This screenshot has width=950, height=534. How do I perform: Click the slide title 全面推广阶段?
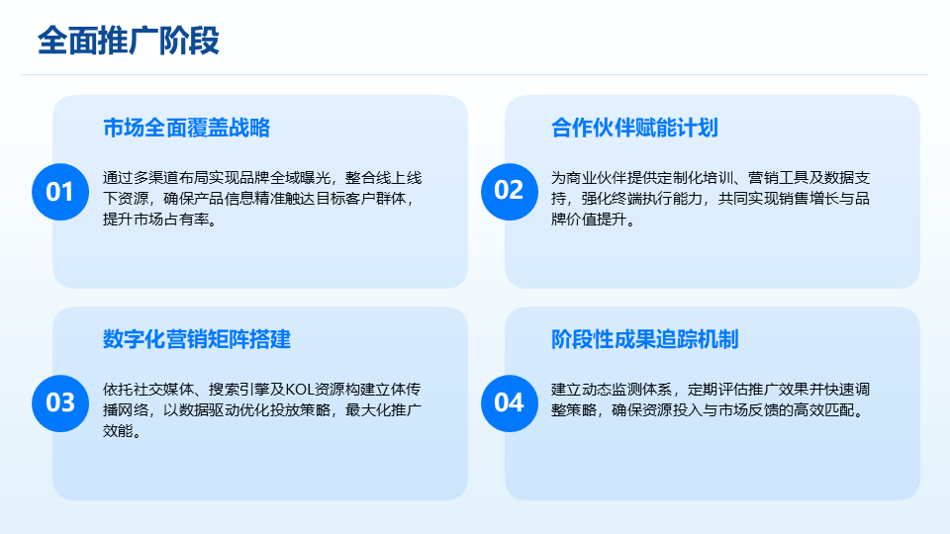[x=128, y=42]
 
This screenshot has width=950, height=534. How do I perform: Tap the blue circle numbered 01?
[x=60, y=192]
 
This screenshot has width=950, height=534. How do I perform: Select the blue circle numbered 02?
[x=510, y=192]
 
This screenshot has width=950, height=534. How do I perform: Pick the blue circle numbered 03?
[x=60, y=403]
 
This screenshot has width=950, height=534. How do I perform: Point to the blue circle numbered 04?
[x=510, y=403]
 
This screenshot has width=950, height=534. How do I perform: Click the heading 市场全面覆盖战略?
[x=187, y=129]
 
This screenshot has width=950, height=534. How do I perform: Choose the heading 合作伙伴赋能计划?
[x=634, y=129]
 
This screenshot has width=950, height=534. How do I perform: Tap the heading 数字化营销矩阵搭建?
[x=197, y=339]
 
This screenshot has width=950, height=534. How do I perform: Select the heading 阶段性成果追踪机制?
[x=644, y=339]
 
